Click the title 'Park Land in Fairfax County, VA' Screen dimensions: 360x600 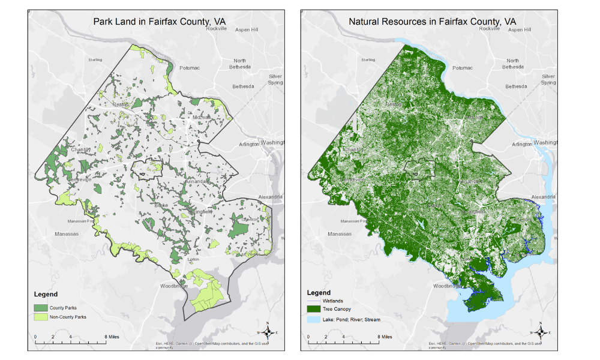pyautogui.click(x=159, y=22)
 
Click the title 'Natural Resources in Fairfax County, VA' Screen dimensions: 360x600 pyautogui.click(x=432, y=22)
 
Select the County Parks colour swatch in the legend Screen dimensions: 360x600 pyautogui.click(x=40, y=307)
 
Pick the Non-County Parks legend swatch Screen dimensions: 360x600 pyautogui.click(x=40, y=317)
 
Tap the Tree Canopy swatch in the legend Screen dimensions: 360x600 pyautogui.click(x=314, y=310)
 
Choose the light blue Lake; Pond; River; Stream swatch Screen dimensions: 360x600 pyautogui.click(x=314, y=320)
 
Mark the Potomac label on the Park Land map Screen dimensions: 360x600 pyautogui.click(x=189, y=68)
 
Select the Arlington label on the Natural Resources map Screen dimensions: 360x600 pyautogui.click(x=521, y=144)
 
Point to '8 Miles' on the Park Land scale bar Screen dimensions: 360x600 pyautogui.click(x=113, y=337)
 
